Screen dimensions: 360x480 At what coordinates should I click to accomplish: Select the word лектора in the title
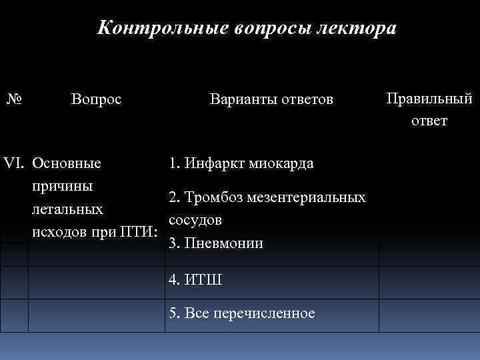pyautogui.click(x=357, y=29)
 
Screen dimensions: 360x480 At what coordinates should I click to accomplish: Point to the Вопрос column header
pyautogui.click(x=96, y=100)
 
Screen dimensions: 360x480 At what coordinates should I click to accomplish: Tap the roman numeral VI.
pyautogui.click(x=15, y=163)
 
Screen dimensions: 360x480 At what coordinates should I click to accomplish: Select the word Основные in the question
pyautogui.click(x=67, y=163)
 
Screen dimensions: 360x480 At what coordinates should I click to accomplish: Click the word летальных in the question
pyautogui.click(x=67, y=209)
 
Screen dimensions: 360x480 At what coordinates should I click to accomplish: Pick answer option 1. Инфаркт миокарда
pyautogui.click(x=241, y=163)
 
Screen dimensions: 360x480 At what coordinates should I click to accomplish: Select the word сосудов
pyautogui.click(x=195, y=220)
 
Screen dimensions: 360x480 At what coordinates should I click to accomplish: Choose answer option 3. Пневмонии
pyautogui.click(x=216, y=243)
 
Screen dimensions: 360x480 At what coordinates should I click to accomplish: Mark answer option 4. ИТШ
pyautogui.click(x=195, y=280)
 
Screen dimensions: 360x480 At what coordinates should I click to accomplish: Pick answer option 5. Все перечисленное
pyautogui.click(x=242, y=313)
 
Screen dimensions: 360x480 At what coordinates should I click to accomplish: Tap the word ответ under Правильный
pyautogui.click(x=429, y=121)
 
